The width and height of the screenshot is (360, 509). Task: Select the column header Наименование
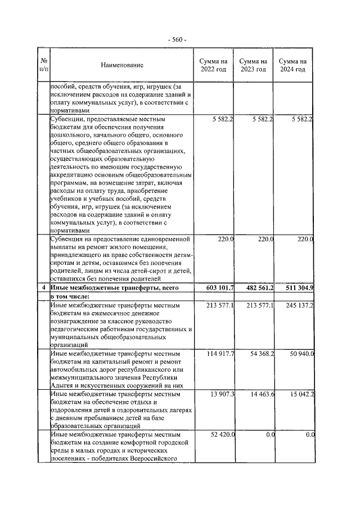122,65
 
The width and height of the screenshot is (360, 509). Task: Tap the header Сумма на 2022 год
213,65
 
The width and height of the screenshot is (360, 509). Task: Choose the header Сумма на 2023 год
253,65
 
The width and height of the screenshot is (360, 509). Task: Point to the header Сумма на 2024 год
292,65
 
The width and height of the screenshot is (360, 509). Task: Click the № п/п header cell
43,65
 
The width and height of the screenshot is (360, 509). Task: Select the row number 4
43,288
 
